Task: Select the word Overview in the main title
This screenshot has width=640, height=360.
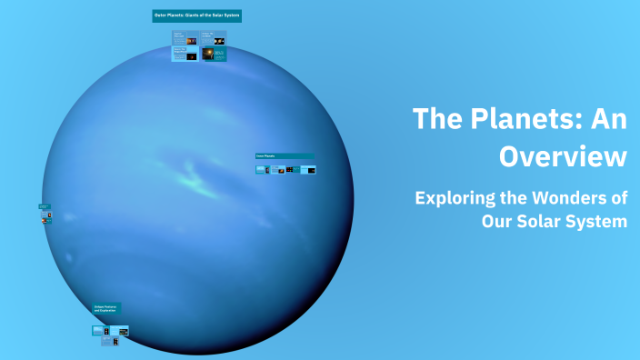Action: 563,155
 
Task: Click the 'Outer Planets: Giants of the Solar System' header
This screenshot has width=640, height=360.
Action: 197,16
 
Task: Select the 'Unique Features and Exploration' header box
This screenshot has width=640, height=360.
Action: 106,309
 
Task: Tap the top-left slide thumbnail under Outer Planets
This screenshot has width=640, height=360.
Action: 185,39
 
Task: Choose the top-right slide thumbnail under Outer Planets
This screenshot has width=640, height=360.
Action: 214,39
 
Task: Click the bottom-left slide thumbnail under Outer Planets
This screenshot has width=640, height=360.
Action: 185,54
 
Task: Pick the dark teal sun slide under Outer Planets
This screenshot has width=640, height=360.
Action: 214,54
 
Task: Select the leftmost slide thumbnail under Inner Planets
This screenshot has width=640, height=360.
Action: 262,169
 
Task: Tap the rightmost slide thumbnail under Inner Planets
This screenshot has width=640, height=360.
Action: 308,169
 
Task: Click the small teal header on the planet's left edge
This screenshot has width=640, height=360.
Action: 44,206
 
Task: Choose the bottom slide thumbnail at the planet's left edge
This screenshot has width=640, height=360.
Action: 45,220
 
